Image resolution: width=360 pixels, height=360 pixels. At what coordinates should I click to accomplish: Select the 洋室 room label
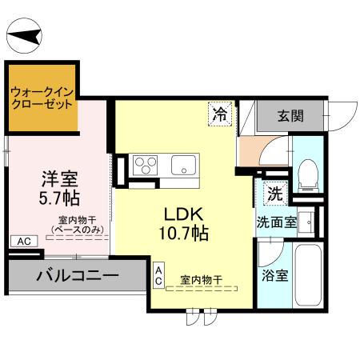(x=60, y=176)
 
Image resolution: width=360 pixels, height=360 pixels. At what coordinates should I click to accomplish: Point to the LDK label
(x=186, y=214)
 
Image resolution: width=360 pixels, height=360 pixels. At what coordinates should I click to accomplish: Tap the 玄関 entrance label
(x=290, y=115)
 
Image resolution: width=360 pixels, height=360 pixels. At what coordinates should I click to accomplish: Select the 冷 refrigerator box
(x=218, y=114)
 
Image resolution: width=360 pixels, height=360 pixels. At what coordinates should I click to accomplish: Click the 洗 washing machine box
(x=274, y=193)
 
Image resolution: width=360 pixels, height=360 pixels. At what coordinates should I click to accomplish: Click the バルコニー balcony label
(x=77, y=276)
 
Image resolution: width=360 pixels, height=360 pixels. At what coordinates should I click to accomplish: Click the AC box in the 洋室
(x=22, y=240)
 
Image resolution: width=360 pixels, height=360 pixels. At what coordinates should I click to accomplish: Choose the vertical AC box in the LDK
(x=158, y=275)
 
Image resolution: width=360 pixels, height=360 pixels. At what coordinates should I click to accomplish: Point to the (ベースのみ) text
(x=77, y=230)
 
